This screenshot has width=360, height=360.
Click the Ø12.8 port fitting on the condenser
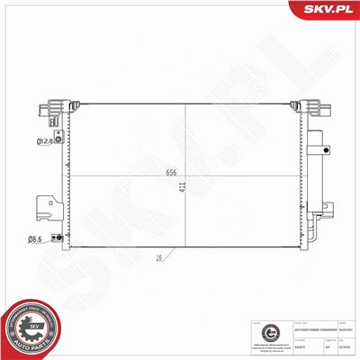point(58,137)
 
